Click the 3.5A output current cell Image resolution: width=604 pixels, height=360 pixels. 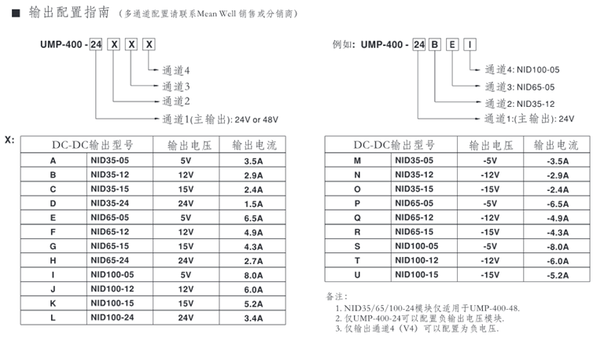[253, 160]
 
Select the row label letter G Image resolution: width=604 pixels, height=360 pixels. [53, 246]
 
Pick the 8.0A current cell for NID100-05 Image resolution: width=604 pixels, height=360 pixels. [253, 274]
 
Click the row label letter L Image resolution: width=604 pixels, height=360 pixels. [53, 318]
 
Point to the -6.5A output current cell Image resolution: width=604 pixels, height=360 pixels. [558, 203]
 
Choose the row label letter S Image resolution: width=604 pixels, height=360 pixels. [358, 246]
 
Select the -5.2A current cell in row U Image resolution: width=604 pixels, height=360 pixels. [558, 274]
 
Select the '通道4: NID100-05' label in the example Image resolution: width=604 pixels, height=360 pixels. [521, 70]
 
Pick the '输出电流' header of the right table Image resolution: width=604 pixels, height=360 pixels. [556, 145]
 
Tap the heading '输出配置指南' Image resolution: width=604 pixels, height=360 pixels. [67, 12]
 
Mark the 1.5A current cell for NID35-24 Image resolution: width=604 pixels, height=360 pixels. [253, 203]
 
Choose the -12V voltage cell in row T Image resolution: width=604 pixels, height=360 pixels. [490, 260]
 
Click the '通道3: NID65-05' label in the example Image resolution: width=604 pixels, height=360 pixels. [520, 86]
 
